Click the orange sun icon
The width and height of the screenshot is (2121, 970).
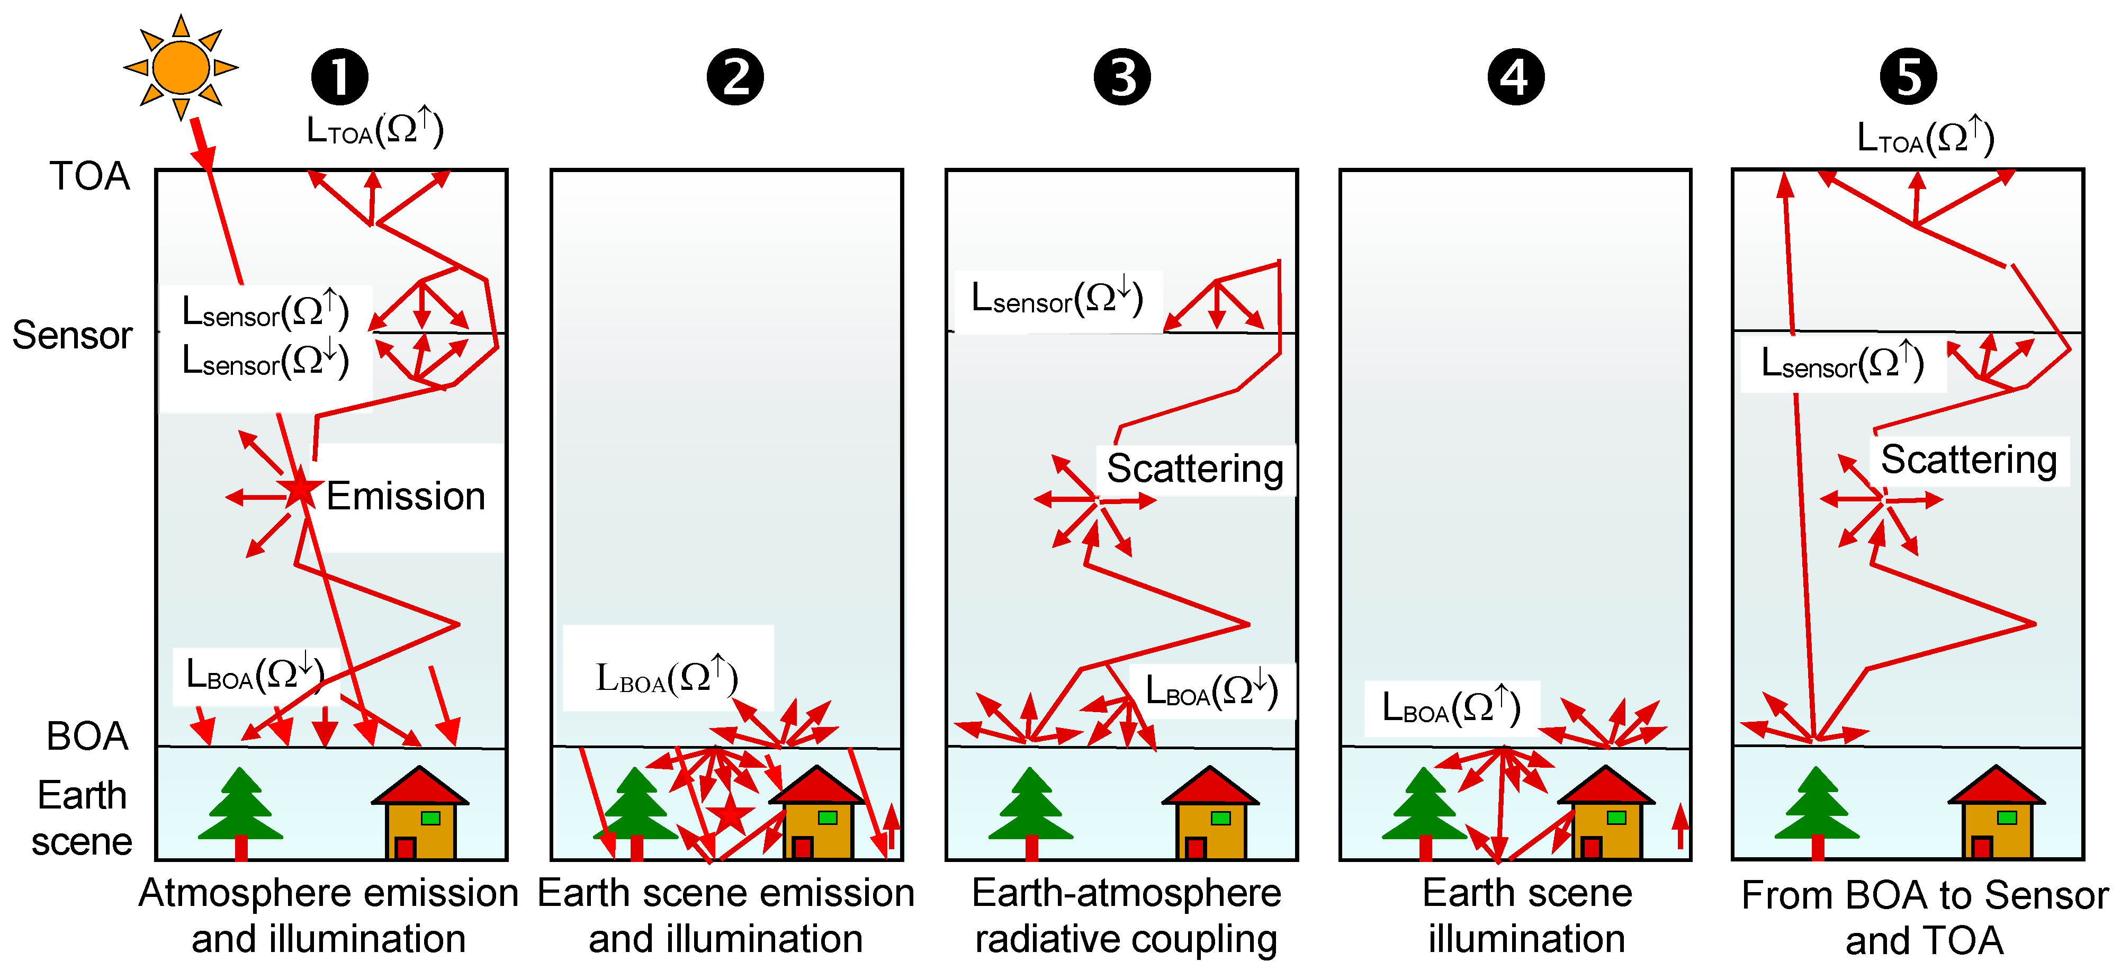coord(181,68)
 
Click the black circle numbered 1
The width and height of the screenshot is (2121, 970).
coord(339,77)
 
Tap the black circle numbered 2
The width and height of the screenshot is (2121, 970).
coord(735,77)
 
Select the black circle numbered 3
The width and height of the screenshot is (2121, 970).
coord(1122,77)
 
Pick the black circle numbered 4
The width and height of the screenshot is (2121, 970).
coord(1516,77)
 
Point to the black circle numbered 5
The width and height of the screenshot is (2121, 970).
coord(1909,77)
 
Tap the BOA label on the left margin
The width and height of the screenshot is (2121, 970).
coord(87,736)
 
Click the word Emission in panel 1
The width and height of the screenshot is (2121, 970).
coord(406,497)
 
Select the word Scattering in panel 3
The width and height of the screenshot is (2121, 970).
coord(1194,469)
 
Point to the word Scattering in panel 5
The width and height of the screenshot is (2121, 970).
coord(1969,460)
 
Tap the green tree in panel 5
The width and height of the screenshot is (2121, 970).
coord(1817,807)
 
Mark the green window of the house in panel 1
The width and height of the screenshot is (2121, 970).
coord(430,818)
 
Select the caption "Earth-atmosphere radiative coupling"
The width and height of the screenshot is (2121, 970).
coord(1126,915)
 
